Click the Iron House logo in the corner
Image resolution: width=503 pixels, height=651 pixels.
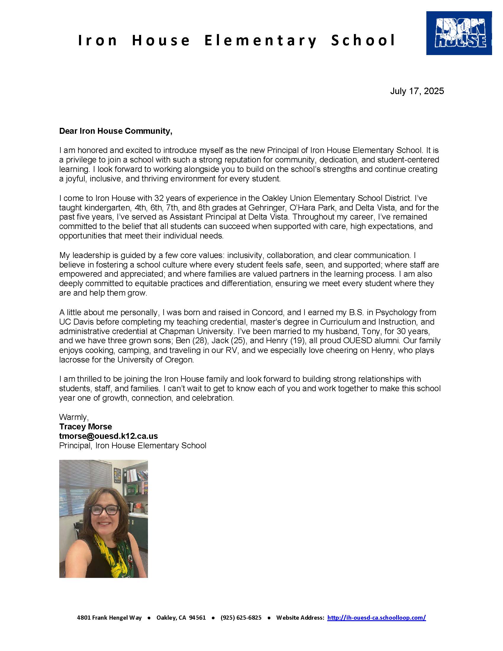pos(459,33)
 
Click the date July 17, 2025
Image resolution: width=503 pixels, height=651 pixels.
pos(417,91)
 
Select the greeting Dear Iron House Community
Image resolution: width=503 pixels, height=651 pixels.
pos(116,131)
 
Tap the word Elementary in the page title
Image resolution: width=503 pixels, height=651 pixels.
pos(261,41)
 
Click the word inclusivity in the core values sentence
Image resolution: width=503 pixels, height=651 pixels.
pos(245,255)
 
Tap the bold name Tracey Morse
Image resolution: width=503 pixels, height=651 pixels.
pos(86,426)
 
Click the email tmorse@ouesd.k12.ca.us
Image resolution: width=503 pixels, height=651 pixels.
pos(109,436)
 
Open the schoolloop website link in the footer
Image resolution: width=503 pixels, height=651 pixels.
pos(376,618)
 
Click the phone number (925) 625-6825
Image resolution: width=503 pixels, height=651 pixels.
pos(241,618)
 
